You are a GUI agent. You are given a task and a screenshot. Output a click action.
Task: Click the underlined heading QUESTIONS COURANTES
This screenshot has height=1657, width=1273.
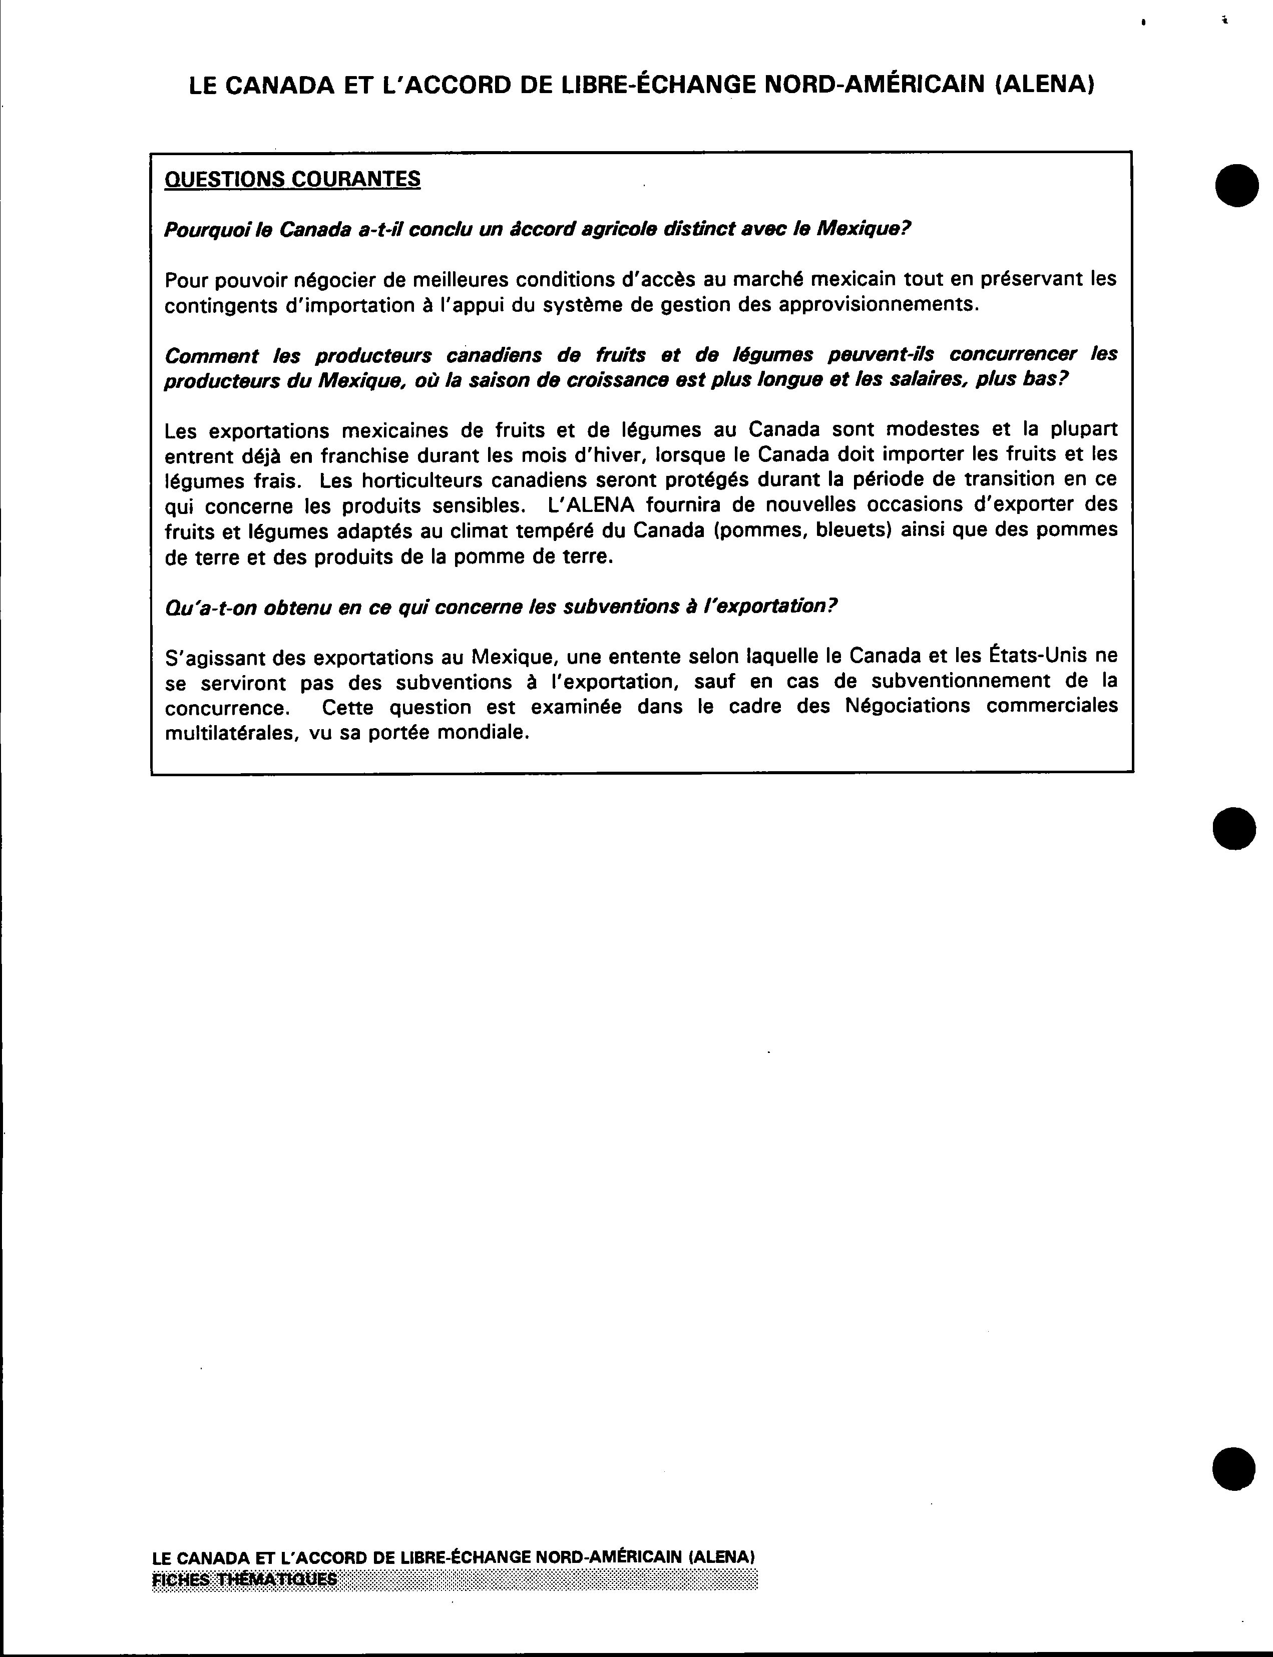coord(292,180)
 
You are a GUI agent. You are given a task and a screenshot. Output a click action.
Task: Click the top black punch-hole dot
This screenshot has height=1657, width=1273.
coord(1236,184)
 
